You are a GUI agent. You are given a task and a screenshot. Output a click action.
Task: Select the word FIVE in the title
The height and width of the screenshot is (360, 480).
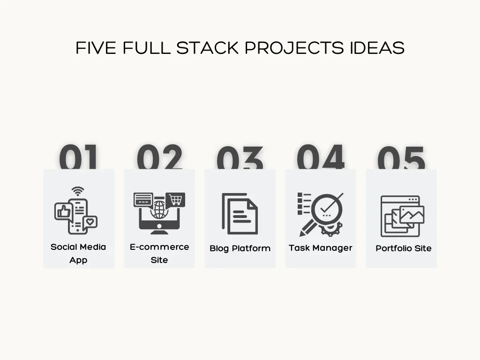click(x=96, y=48)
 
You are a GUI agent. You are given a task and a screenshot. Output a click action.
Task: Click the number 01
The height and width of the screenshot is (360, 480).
click(x=78, y=157)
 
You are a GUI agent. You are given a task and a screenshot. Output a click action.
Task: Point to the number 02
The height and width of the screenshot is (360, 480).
click(x=159, y=157)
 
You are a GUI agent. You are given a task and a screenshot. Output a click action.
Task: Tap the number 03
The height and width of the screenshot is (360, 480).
click(x=240, y=157)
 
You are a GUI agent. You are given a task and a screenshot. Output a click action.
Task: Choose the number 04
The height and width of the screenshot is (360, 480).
click(x=321, y=157)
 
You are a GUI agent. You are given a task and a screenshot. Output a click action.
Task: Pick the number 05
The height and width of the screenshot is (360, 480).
click(x=401, y=157)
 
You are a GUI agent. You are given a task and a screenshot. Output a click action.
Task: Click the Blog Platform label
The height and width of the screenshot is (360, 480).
click(x=240, y=248)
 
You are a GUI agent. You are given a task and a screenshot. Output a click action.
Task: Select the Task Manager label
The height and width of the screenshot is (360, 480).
click(x=321, y=248)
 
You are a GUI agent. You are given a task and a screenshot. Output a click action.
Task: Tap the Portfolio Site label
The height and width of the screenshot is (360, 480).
click(x=404, y=248)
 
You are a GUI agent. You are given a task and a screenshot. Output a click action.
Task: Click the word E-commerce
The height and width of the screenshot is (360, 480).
click(x=159, y=247)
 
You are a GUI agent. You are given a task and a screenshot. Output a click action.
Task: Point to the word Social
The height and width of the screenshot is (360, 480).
click(x=63, y=247)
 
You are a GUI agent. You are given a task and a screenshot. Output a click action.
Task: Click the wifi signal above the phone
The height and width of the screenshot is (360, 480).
click(x=78, y=191)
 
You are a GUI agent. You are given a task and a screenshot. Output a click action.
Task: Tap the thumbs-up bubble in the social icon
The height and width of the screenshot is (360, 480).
click(x=63, y=211)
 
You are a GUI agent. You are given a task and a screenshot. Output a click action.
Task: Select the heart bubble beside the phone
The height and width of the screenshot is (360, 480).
click(x=90, y=222)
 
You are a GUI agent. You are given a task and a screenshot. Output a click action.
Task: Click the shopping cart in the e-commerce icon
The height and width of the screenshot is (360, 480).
click(x=175, y=200)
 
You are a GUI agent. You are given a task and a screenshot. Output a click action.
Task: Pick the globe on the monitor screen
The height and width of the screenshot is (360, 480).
click(x=159, y=210)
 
